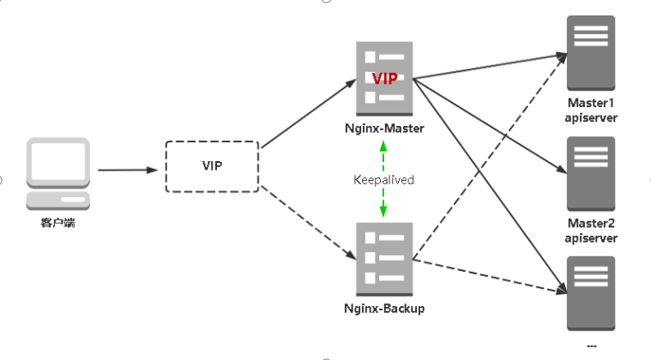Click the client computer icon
(58, 174)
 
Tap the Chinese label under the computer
(58, 223)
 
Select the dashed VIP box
(212, 166)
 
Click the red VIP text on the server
(384, 78)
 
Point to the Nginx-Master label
(384, 129)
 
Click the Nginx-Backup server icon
(384, 259)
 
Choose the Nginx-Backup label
(384, 309)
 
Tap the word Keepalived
(383, 180)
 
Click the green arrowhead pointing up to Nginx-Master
(383, 146)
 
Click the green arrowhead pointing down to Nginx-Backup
(383, 212)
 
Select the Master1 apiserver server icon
(591, 53)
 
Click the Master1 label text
(591, 103)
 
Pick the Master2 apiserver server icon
(591, 174)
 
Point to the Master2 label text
(591, 223)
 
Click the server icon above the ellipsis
(591, 294)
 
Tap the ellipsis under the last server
(592, 345)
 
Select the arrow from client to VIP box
(128, 170)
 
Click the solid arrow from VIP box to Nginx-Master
(309, 113)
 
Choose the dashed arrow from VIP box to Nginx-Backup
(309, 223)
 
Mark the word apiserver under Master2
(591, 238)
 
